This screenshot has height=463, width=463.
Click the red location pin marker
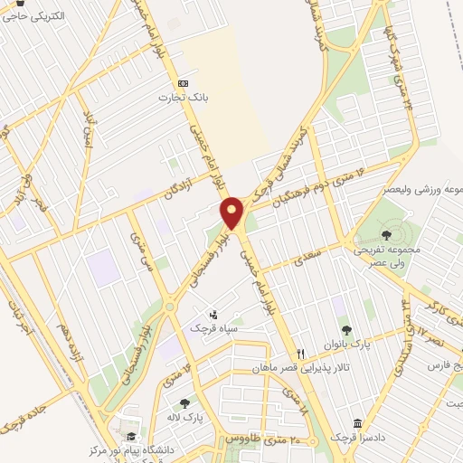tap(232, 213)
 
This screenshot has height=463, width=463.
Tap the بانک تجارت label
tap(178, 97)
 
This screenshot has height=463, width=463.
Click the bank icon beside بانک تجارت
tap(184, 81)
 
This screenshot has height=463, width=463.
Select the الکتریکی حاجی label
tap(34, 17)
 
